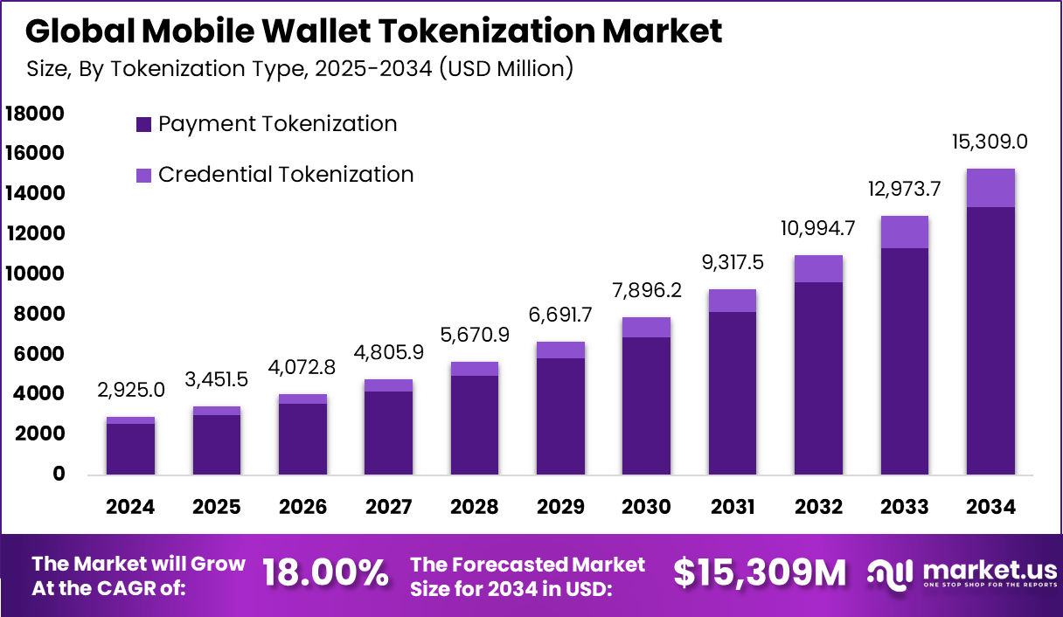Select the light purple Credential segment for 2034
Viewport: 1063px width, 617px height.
point(990,188)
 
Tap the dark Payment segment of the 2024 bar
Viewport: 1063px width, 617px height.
point(130,449)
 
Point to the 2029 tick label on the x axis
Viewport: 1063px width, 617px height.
point(560,507)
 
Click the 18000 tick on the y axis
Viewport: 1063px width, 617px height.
point(35,114)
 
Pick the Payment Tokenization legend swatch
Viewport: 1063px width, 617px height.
point(144,125)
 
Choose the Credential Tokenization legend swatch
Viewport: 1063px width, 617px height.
point(144,176)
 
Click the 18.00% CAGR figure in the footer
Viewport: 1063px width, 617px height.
point(325,573)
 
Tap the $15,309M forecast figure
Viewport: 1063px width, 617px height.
point(760,573)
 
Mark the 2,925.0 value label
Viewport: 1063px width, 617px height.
point(130,391)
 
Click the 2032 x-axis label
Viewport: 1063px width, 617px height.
point(818,507)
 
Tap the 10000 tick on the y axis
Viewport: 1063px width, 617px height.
point(35,274)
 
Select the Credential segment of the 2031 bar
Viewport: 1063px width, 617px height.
point(733,301)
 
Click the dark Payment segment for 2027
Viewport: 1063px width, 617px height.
point(388,433)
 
